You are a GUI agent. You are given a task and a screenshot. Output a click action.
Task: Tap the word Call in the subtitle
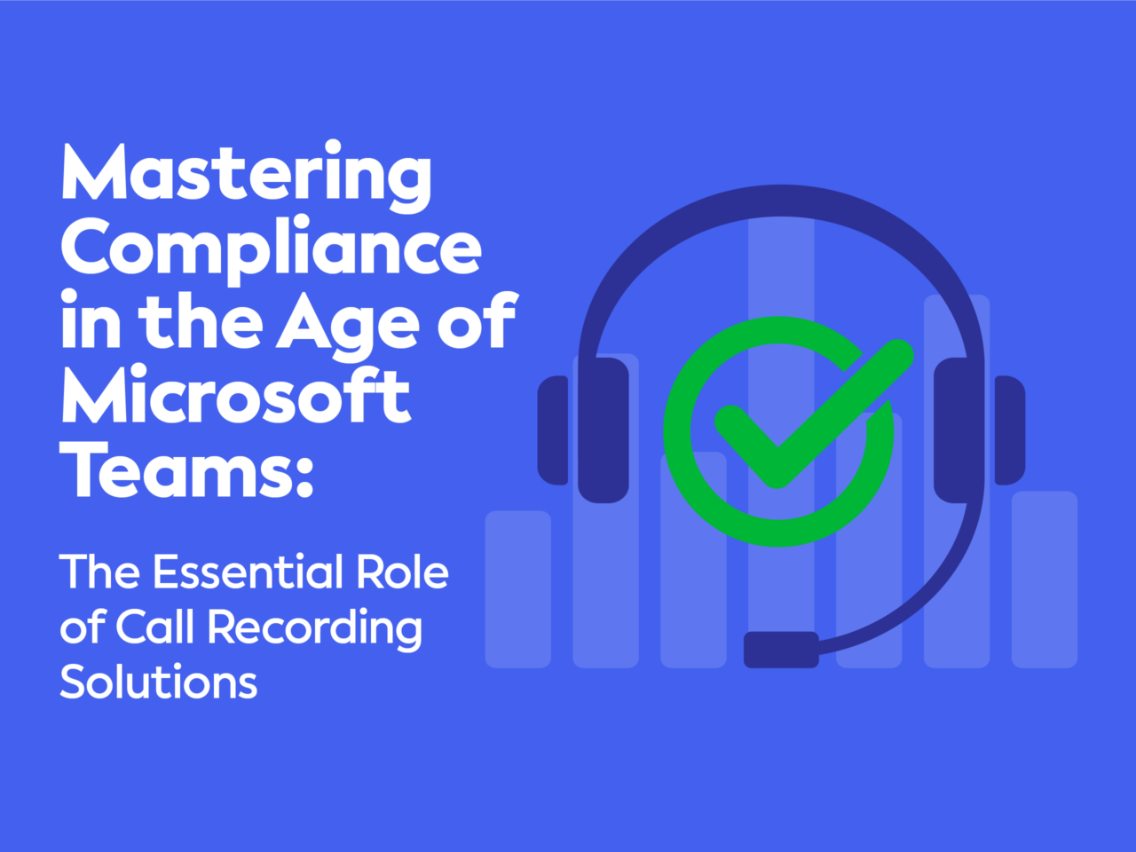154,627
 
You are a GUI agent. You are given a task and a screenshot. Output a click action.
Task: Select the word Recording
315,631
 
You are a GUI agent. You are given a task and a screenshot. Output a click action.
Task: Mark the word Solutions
158,682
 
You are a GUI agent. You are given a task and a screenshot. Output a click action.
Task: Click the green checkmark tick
814,414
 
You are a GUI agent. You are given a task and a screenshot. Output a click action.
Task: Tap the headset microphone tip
781,650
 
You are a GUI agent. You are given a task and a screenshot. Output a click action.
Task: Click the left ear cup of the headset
603,430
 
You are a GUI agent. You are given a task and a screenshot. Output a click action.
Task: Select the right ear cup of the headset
959,430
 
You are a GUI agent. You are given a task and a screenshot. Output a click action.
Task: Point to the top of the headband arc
782,201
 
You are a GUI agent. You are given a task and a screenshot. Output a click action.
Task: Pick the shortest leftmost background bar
518,589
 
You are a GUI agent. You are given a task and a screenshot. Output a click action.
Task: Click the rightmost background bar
1045,580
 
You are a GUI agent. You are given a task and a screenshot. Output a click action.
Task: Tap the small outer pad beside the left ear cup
553,430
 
